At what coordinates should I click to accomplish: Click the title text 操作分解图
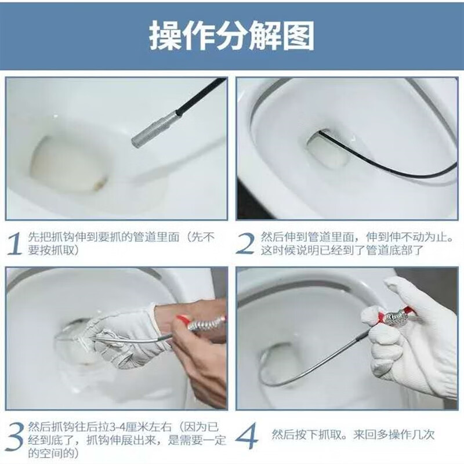pyautogui.click(x=231, y=37)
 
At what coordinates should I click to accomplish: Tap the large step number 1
pyautogui.click(x=17, y=244)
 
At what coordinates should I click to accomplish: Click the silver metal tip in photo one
pyautogui.click(x=148, y=131)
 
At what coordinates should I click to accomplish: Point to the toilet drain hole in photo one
pyautogui.click(x=64, y=163)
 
